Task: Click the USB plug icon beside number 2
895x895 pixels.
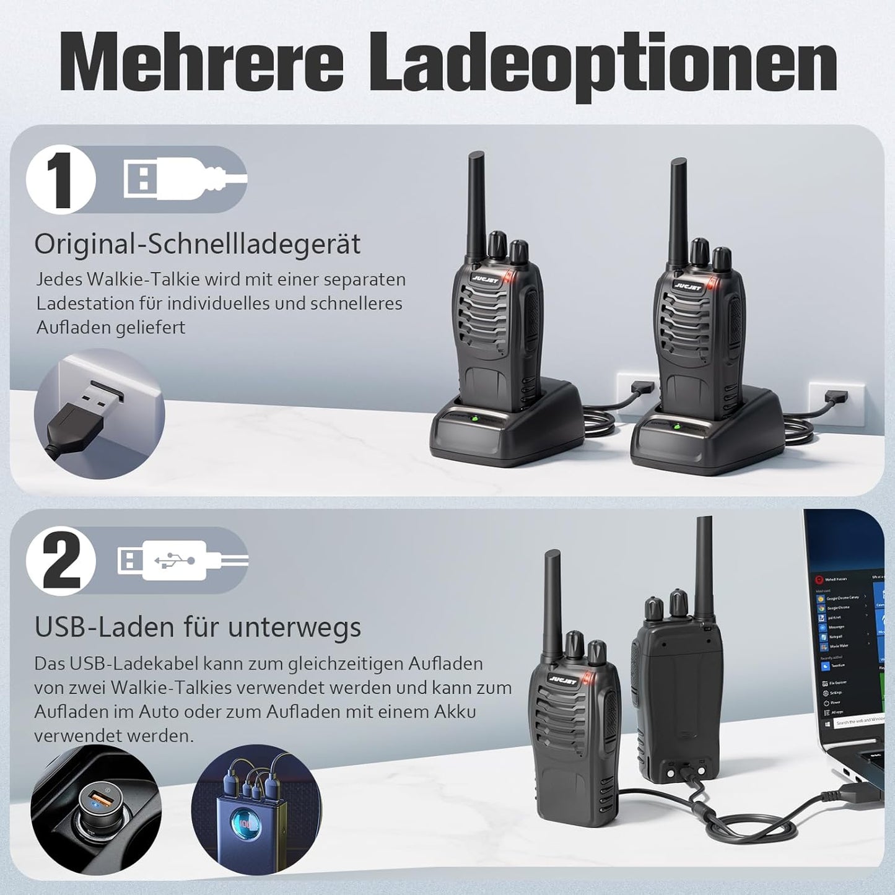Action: tap(180, 561)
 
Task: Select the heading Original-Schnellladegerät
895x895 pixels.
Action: tap(197, 244)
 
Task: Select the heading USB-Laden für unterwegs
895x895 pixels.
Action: tap(198, 627)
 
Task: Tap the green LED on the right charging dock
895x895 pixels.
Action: tap(676, 428)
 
